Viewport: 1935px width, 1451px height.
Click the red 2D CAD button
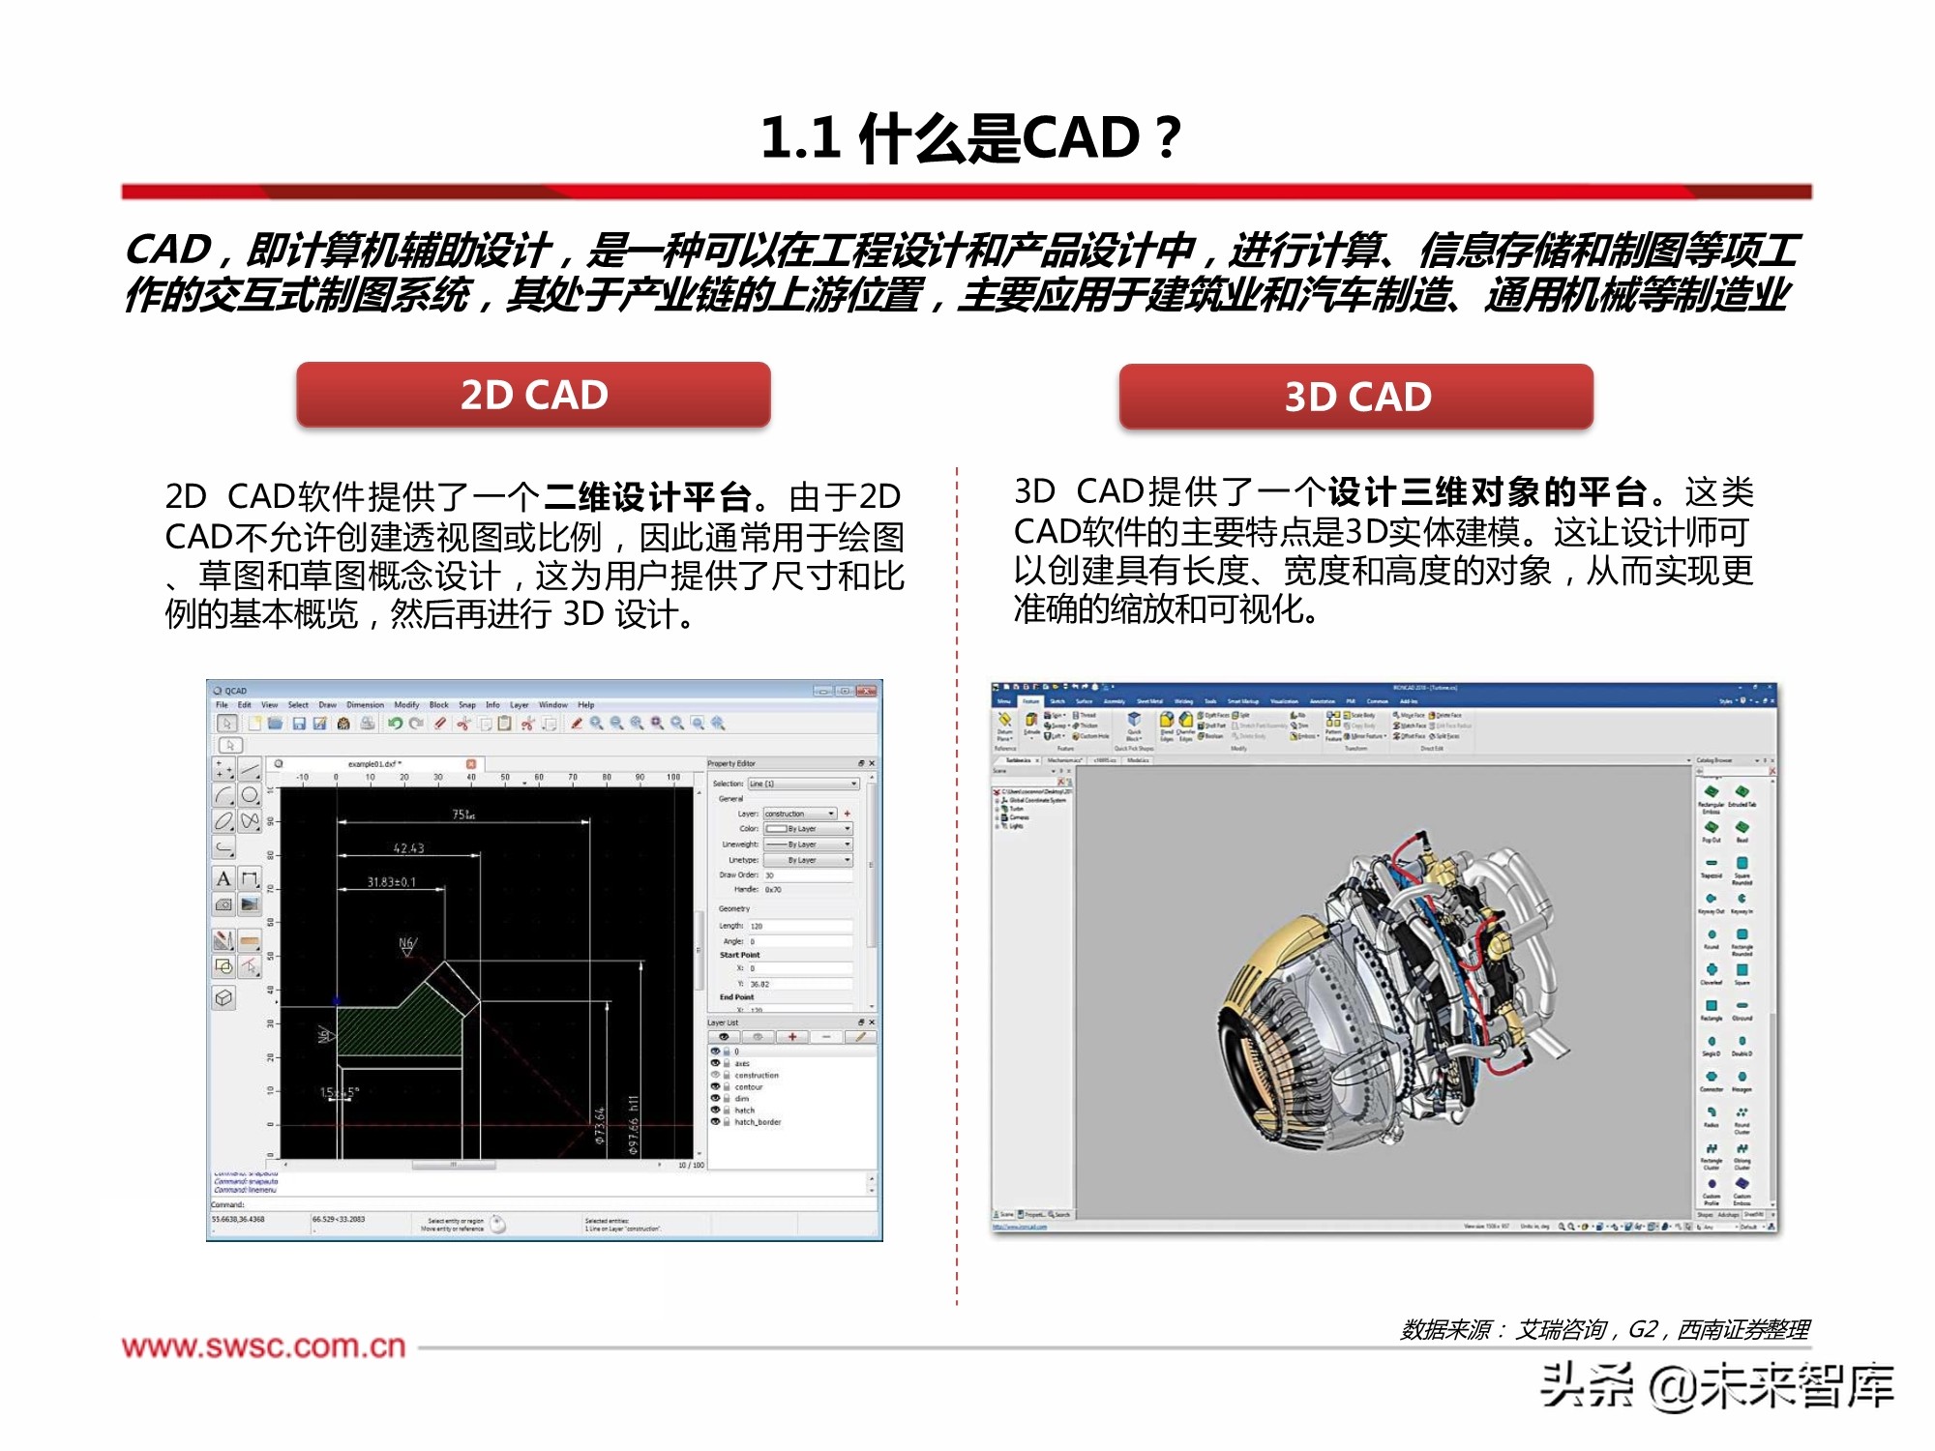tap(533, 395)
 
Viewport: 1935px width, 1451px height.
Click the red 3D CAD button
tap(1356, 397)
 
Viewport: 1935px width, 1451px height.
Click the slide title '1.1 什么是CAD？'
tap(969, 137)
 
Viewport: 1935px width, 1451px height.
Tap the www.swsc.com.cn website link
tap(263, 1347)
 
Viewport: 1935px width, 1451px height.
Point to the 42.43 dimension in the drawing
tap(408, 848)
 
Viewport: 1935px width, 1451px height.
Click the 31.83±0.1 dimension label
tap(391, 882)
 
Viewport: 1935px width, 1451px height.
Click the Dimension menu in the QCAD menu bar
tap(365, 705)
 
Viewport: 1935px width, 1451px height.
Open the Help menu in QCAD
tap(586, 705)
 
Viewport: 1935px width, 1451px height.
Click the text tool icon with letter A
tap(223, 878)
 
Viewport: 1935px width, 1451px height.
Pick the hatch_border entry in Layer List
tap(757, 1122)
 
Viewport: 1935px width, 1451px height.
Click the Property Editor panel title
tap(731, 763)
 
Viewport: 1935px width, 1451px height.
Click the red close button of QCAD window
tap(866, 691)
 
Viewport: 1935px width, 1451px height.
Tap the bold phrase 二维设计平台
tap(647, 497)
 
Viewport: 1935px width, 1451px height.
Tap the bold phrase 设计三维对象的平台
tap(1487, 492)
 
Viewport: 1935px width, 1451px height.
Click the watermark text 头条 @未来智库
tap(1716, 1386)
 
